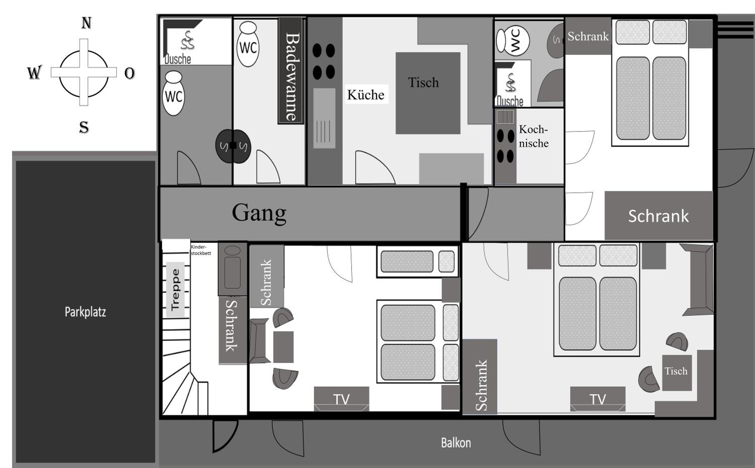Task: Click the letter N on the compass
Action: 87,23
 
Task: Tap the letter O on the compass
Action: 130,73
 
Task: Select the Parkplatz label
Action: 85,312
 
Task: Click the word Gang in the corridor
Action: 259,213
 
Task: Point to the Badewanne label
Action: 292,77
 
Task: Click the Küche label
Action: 366,95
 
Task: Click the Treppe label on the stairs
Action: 175,289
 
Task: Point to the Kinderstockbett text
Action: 201,250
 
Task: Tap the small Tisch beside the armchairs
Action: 677,373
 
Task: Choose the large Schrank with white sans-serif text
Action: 659,215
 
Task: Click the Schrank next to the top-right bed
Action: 588,36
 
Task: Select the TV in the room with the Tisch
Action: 597,399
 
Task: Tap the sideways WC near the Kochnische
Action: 513,41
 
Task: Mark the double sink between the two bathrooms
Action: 233,146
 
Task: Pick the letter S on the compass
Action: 84,127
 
